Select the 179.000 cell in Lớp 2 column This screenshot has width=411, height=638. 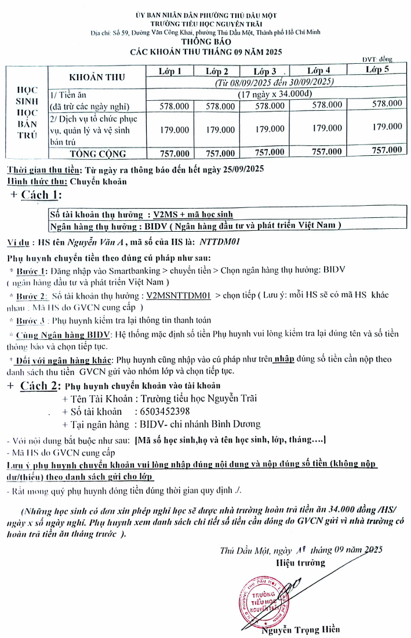tap(220, 130)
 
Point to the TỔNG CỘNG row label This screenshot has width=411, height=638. tap(97, 154)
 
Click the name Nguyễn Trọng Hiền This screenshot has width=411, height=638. tap(300, 629)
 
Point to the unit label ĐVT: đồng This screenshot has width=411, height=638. tap(378, 59)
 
